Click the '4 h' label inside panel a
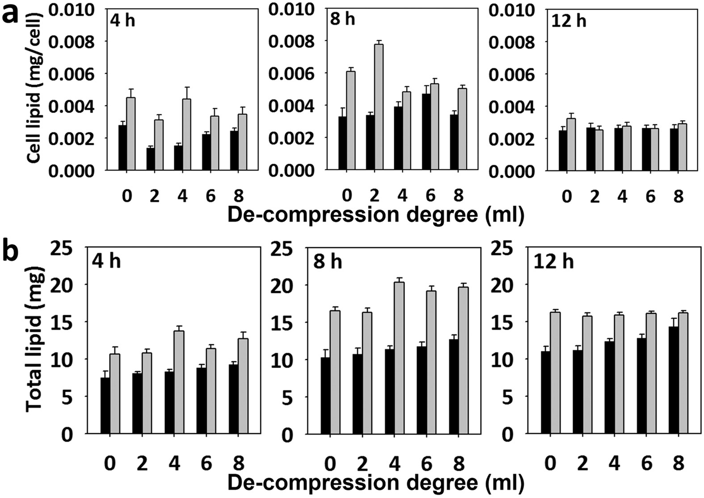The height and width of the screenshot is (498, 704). click(x=122, y=21)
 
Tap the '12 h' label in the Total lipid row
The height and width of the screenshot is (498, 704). click(x=553, y=261)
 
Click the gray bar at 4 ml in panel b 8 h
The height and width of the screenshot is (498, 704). click(x=399, y=358)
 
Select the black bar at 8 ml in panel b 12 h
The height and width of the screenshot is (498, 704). click(x=673, y=380)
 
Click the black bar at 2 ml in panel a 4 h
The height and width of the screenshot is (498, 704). click(x=151, y=159)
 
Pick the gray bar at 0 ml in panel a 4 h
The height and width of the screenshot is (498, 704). click(x=131, y=134)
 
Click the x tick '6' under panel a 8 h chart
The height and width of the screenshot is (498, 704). click(x=430, y=195)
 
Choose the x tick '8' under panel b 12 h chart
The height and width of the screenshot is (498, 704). click(x=678, y=464)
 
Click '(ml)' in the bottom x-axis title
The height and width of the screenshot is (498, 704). click(x=503, y=483)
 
